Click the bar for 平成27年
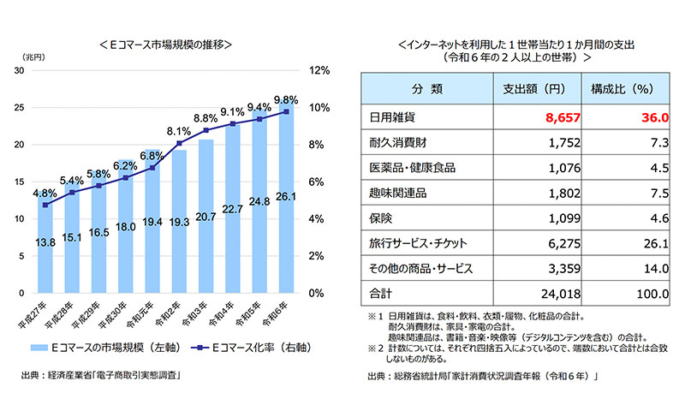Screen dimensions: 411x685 [x=45, y=248]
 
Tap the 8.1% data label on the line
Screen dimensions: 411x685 [x=178, y=131]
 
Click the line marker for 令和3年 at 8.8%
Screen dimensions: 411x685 [x=205, y=130]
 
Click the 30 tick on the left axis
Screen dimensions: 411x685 [x=19, y=70]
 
